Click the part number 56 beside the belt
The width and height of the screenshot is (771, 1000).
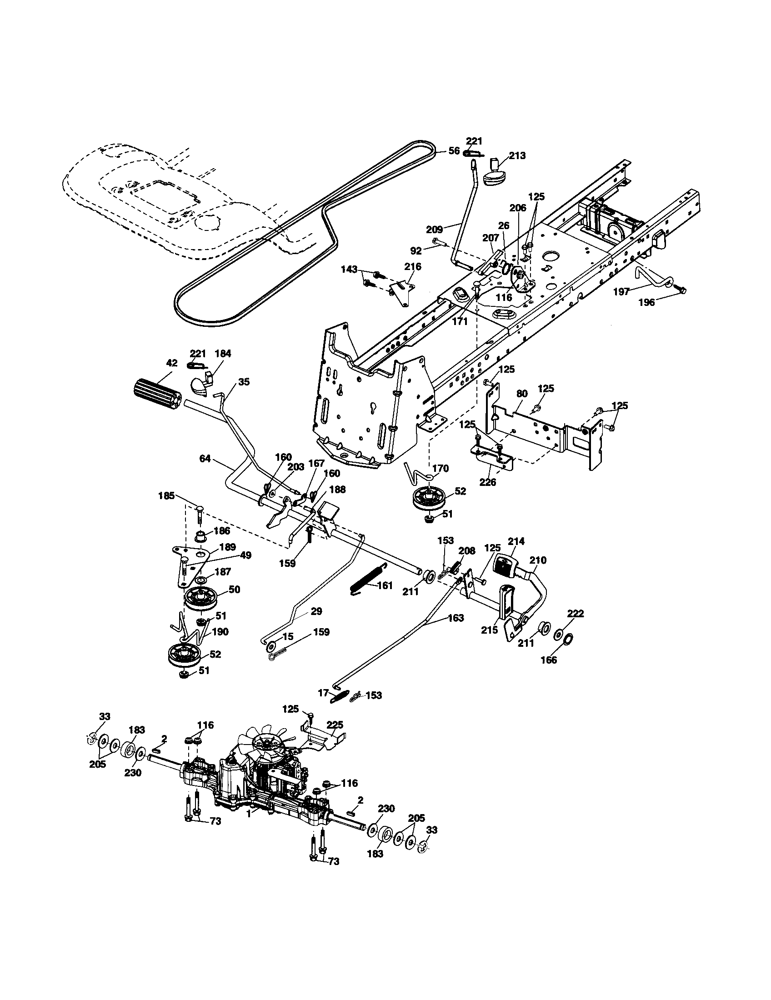pos(454,150)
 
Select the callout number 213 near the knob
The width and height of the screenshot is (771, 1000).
pos(516,155)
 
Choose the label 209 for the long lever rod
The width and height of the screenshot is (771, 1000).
pos(435,230)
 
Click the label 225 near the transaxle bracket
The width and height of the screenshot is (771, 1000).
pos(335,725)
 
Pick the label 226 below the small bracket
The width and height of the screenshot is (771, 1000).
pos(487,482)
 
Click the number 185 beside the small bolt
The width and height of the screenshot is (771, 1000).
pos(167,495)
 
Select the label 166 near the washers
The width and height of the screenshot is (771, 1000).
pos(549,660)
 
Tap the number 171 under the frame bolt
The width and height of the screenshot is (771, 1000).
pos(460,321)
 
